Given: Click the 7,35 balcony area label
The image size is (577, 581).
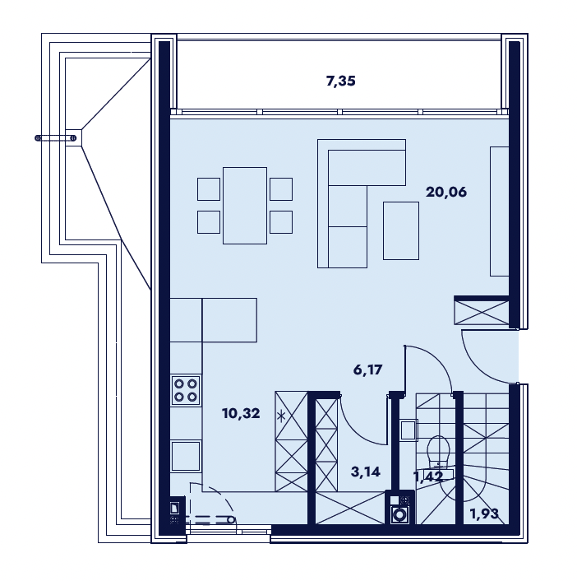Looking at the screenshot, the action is point(340,81).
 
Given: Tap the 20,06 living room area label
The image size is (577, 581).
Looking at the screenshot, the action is point(446,193).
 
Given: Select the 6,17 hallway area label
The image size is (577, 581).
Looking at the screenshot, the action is point(367,370).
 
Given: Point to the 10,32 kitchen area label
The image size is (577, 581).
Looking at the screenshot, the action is point(241,413).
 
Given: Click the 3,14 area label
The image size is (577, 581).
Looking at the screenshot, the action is point(365,472).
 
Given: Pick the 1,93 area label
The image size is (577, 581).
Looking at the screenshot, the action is point(484,514).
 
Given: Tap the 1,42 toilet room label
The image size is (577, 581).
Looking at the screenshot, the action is point(428,476).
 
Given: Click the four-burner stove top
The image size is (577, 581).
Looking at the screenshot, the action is point(186,390).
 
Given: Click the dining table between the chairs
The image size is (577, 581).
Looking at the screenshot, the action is point(245,206).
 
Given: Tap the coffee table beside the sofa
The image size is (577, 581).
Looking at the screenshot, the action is point(401,230).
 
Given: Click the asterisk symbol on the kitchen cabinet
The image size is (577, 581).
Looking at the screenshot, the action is point(281,416).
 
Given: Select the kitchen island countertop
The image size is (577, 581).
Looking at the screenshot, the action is point(229,320).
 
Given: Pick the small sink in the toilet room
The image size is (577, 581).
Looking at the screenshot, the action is point(409,430).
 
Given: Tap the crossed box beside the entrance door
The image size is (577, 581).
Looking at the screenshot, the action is point(482,313).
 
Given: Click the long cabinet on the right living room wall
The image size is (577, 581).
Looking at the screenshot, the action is point(499,211).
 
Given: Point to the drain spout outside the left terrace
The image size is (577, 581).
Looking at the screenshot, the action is point(56,138).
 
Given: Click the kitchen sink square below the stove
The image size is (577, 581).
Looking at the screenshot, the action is point(186,456).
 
